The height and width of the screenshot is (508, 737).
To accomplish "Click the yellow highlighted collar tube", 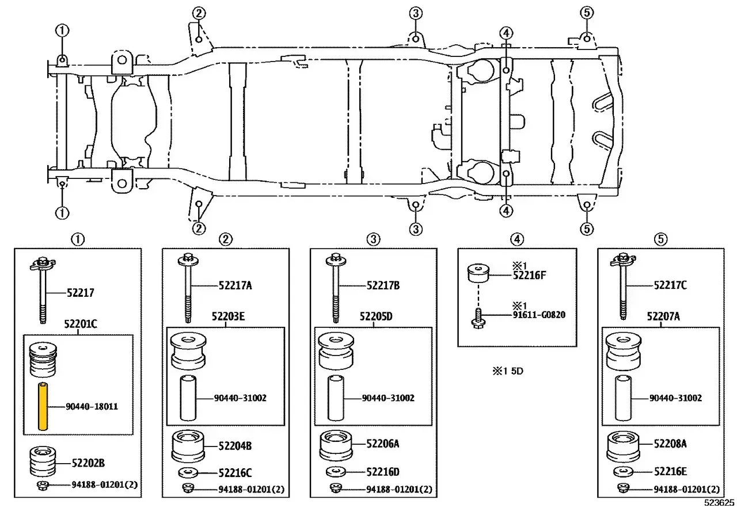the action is coord(43,406).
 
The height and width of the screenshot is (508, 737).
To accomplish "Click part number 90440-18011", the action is coord(92,407).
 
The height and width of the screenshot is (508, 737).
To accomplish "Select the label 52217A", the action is coord(235,286).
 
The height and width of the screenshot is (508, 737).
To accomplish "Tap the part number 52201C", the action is coord(81,324).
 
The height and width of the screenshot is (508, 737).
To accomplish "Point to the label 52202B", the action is coord(88,463).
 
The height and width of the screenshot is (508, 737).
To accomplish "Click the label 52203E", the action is coord(228,316).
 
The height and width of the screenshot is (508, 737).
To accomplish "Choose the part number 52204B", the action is coord(235,446).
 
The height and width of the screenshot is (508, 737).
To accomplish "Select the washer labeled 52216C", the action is coord(188,473).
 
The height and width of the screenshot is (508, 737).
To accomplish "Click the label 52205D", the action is coord(376,316).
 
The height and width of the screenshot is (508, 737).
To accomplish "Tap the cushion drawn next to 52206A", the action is coord(336,445).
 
